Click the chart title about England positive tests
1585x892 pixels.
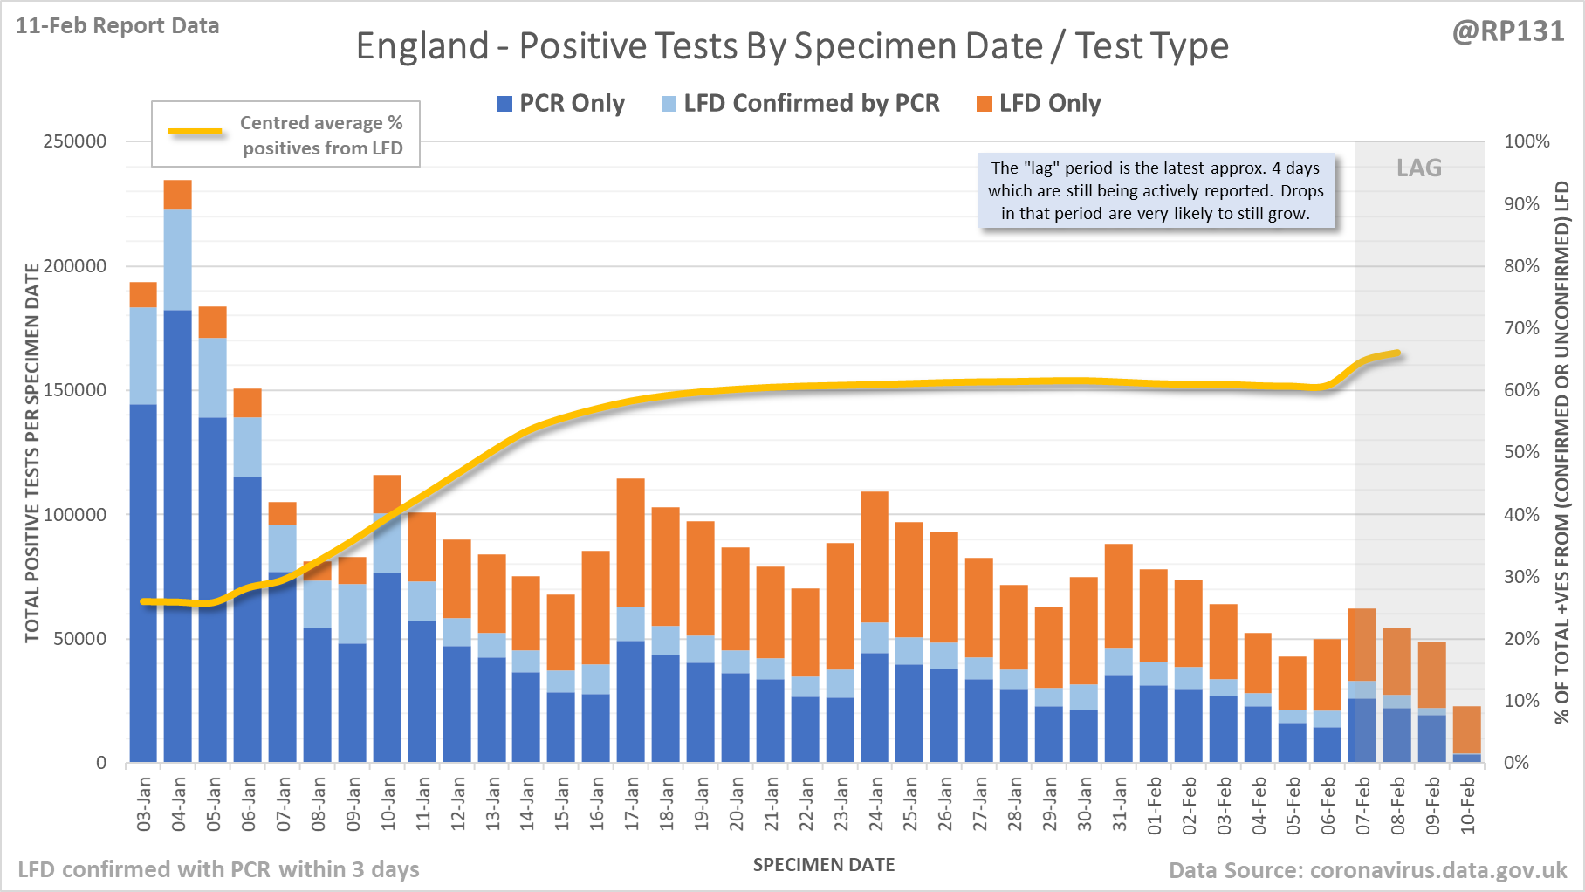point(792,46)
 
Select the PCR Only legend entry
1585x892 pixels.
point(561,104)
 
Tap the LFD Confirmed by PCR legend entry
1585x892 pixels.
point(800,104)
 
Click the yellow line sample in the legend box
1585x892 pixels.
point(195,132)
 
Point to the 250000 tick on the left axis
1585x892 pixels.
point(75,141)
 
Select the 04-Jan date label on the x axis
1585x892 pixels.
point(179,804)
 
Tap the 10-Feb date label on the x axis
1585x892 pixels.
point(1468,804)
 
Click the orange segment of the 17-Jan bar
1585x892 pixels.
point(631,541)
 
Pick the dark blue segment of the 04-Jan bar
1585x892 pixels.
point(178,532)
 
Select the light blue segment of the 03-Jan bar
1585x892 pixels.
point(143,355)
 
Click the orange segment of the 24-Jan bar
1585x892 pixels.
point(875,556)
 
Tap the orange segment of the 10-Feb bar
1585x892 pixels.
point(1467,730)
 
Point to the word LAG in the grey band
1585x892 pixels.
point(1419,168)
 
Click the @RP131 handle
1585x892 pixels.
point(1508,31)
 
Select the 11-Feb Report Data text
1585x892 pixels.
point(117,26)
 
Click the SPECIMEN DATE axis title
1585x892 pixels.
point(824,865)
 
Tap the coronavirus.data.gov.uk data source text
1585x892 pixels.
point(1368,870)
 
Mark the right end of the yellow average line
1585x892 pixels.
point(1399,353)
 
